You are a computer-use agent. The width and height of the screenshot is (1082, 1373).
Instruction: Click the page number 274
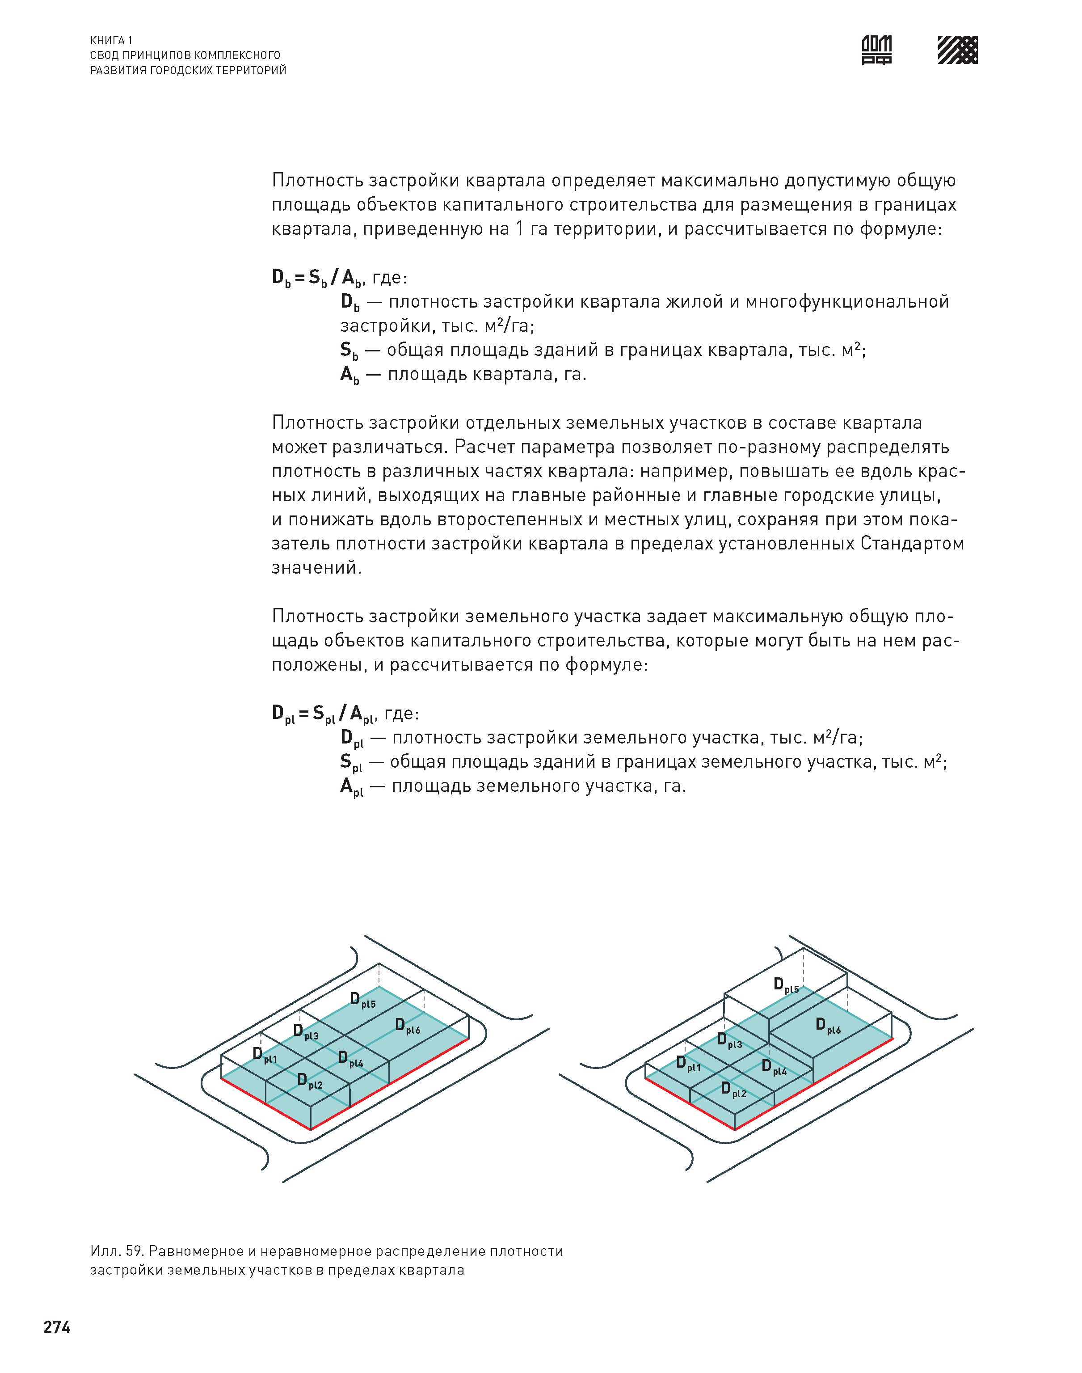[x=57, y=1327]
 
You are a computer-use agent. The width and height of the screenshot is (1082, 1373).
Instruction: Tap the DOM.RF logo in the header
[x=877, y=50]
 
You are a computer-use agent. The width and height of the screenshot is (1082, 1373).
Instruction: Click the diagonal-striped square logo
[x=957, y=50]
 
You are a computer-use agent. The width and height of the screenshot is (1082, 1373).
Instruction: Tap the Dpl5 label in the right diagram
[x=786, y=985]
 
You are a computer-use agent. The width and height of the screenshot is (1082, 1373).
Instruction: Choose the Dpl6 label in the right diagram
[x=828, y=1026]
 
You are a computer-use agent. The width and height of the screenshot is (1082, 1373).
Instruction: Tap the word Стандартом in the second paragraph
[x=912, y=544]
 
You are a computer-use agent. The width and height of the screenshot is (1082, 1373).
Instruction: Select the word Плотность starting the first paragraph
[x=317, y=181]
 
